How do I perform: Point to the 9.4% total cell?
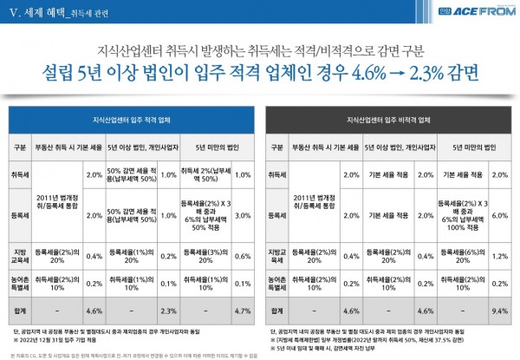499,308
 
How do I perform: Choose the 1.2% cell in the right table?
499,256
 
